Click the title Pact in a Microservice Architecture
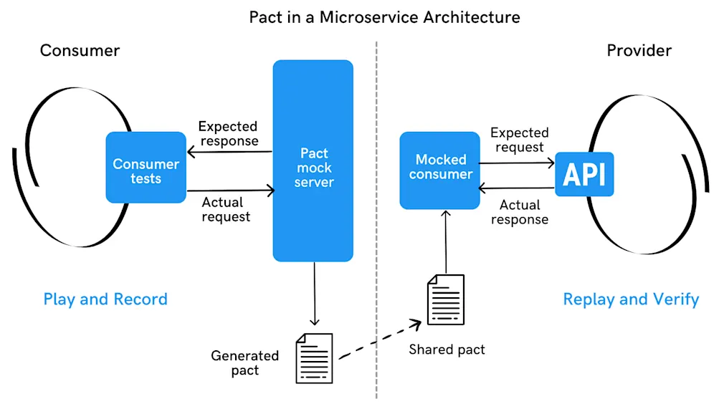pyautogui.click(x=384, y=16)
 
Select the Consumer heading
pyautogui.click(x=80, y=51)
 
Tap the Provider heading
pyautogui.click(x=639, y=51)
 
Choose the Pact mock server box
pyautogui.click(x=313, y=161)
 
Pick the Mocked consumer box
pyautogui.click(x=440, y=170)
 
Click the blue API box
pyautogui.click(x=584, y=174)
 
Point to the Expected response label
pyautogui.click(x=229, y=133)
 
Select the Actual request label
pyautogui.click(x=226, y=209)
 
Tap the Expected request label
pyautogui.click(x=519, y=140)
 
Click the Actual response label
pyautogui.click(x=519, y=213)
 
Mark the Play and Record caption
pyautogui.click(x=105, y=299)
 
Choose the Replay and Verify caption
pyautogui.click(x=631, y=299)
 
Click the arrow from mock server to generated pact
pyautogui.click(x=314, y=294)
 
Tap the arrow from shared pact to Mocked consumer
pyautogui.click(x=446, y=240)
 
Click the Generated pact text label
pyautogui.click(x=244, y=362)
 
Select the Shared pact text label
pyautogui.click(x=447, y=350)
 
